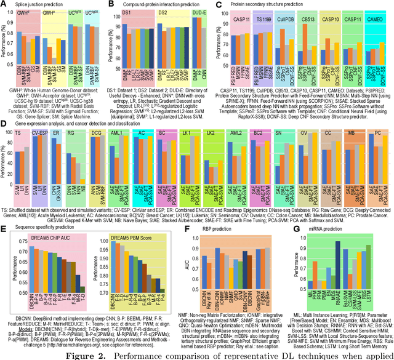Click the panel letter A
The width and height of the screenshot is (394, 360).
click(x=5, y=5)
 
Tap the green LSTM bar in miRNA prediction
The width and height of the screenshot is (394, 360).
click(x=368, y=271)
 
